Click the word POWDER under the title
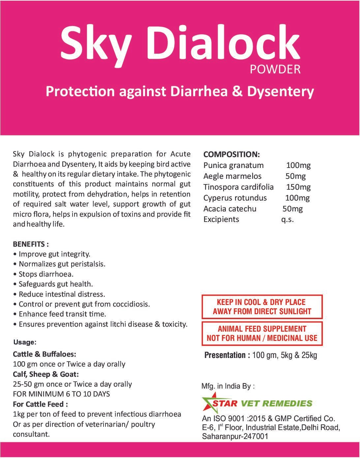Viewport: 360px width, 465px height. [275, 69]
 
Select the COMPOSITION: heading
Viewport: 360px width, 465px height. [231, 154]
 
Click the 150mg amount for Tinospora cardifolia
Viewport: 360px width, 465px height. [298, 187]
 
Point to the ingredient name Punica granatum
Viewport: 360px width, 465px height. [233, 165]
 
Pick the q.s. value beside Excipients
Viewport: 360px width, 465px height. [287, 219]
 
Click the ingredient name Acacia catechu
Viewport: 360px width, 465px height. [230, 209]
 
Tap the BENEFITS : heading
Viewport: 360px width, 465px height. [31, 244]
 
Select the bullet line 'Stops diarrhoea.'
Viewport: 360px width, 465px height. [46, 274]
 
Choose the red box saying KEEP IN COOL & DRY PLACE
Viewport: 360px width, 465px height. [262, 307]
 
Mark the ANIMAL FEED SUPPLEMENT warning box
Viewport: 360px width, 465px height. [262, 333]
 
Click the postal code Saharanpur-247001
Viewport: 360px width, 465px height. [235, 436]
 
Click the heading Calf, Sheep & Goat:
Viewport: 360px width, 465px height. [46, 374]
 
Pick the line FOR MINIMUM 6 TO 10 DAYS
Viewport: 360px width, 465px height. [61, 394]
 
